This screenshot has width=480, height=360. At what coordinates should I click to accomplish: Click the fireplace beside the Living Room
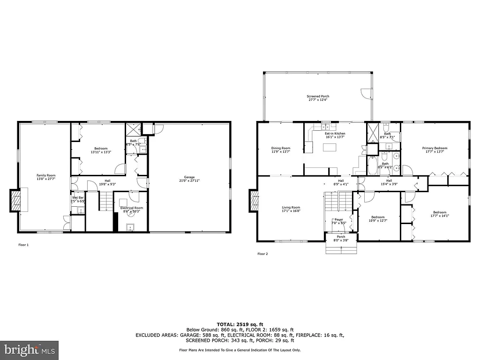254,201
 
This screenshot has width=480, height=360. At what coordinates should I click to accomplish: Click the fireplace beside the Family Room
16,201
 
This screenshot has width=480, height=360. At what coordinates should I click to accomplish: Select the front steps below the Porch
341,248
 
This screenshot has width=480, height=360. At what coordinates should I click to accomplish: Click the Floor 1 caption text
23,245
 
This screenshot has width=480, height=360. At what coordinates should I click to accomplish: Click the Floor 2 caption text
262,254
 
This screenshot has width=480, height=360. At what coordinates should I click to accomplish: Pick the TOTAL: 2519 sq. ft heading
240,324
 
